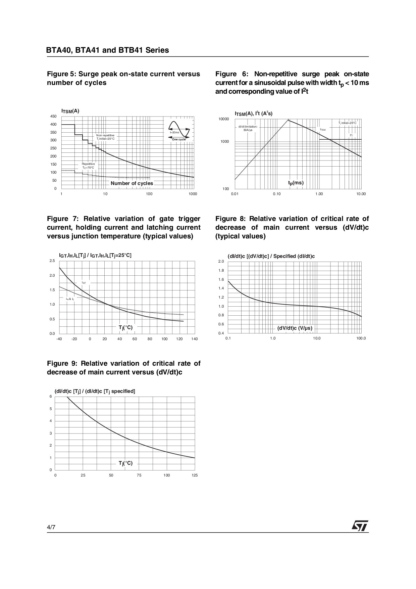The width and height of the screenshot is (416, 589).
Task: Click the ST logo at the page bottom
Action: pos(360,526)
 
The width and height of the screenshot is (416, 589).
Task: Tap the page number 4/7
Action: pos(51,527)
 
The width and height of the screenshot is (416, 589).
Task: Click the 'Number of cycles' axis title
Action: pos(132,183)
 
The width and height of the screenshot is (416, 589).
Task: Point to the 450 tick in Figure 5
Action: pos(53,117)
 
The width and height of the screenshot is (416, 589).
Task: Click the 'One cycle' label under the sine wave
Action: pos(179,139)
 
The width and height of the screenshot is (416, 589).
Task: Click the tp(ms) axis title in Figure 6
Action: pos(296,183)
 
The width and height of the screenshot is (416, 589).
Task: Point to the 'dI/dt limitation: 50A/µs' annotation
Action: pos(248,128)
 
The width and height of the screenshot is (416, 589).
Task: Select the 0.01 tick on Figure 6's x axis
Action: pos(235,194)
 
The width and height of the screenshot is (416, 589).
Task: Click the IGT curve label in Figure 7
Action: pos(84,283)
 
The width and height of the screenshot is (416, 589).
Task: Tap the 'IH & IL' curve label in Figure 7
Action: pos(70,299)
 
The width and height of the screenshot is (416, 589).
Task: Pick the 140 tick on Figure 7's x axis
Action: pos(195,339)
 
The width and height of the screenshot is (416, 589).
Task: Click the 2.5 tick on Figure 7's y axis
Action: pos(52,261)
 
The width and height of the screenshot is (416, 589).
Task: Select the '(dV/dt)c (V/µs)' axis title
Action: pos(295,328)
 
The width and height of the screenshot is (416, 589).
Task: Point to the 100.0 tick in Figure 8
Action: pos(361,338)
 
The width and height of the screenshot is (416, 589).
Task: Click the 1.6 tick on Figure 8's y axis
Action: pos(221,280)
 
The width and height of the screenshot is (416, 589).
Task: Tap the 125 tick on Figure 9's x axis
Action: pos(195,475)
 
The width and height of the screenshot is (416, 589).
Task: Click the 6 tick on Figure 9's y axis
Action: pos(51,397)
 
